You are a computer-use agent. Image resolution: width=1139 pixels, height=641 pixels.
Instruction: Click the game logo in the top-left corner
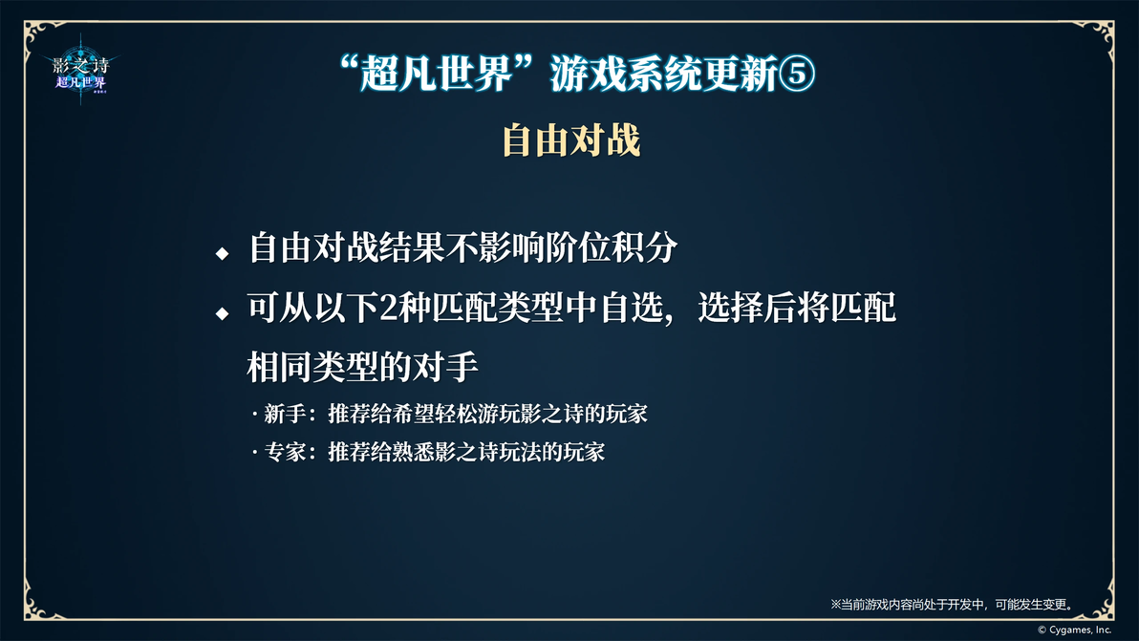[x=80, y=72]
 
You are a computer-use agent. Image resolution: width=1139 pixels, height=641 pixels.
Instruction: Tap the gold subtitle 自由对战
[x=571, y=140]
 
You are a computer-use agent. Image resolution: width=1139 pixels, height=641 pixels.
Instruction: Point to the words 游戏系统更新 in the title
[x=663, y=75]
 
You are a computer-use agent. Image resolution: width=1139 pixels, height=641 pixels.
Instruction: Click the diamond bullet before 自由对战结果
[x=223, y=253]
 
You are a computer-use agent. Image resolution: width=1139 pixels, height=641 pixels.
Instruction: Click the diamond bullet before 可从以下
[x=223, y=313]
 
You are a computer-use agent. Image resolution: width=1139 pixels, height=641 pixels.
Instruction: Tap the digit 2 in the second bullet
[x=389, y=309]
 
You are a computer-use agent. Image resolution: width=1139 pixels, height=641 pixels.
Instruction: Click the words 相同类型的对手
[x=362, y=367]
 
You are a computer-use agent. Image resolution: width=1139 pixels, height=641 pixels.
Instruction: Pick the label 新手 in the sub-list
[x=285, y=414]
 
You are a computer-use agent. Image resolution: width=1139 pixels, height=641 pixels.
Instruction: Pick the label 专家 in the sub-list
[x=285, y=452]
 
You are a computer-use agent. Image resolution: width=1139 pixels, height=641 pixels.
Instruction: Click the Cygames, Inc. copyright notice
[x=1074, y=630]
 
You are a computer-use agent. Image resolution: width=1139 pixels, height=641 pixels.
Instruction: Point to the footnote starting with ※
[x=953, y=604]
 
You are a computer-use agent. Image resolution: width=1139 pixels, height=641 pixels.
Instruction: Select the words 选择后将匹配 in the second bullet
[x=797, y=309]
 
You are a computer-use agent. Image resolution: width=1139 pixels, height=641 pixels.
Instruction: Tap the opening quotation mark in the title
[x=350, y=64]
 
